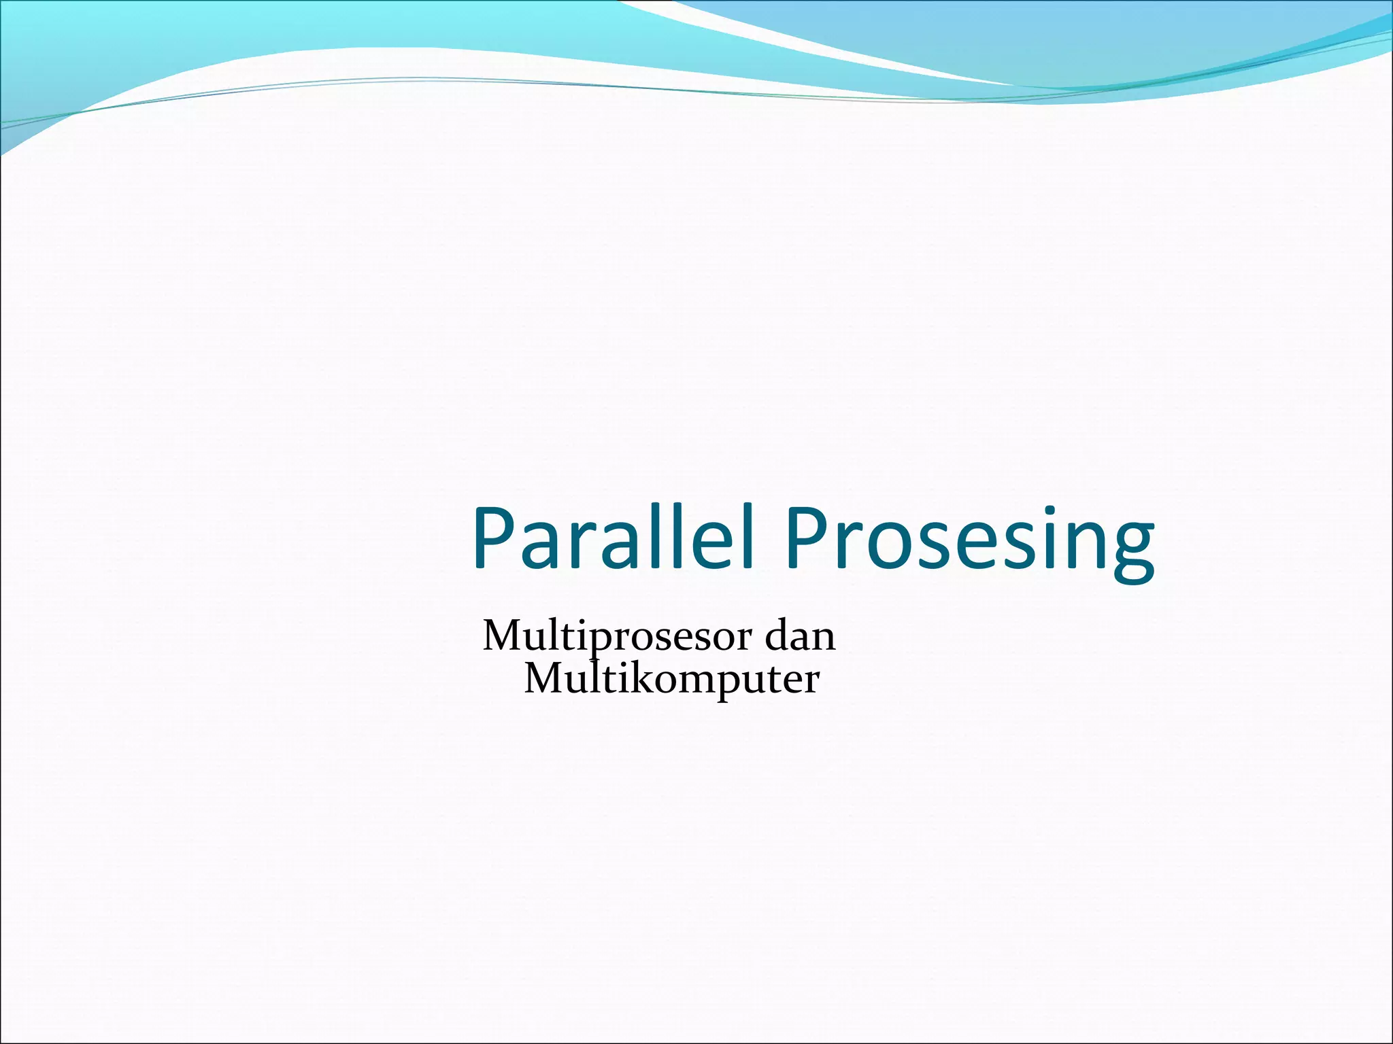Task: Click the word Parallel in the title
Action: point(612,538)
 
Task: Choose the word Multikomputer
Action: point(671,679)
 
